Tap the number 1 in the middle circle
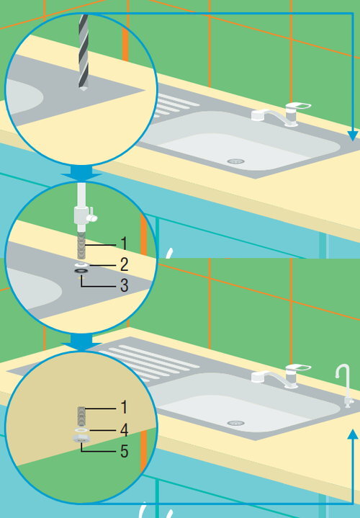tap(124, 244)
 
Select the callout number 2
tap(124, 264)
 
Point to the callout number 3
tap(124, 285)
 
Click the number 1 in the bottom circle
tap(124, 407)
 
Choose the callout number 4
tap(124, 430)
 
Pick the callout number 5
tap(124, 451)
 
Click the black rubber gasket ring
tap(81, 271)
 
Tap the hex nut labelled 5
tap(81, 439)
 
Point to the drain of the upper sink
tap(235, 161)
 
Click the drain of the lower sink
tap(235, 423)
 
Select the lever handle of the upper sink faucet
tap(298, 107)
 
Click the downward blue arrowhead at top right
tap(353, 135)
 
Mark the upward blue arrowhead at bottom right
tap(353, 434)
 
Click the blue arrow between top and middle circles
tap(81, 173)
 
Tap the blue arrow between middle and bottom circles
tap(81, 342)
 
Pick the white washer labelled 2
tap(81, 264)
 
